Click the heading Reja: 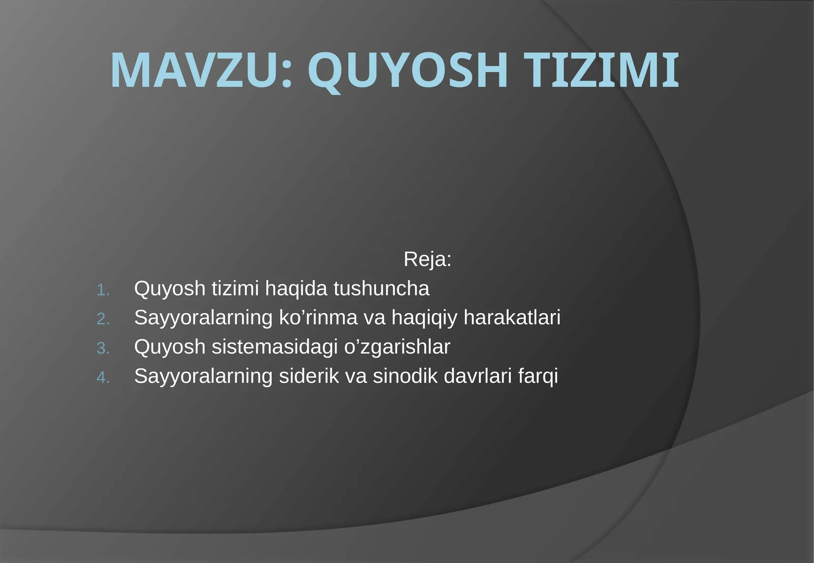point(427,259)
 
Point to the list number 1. point(103,290)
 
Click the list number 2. point(103,319)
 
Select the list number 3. point(103,348)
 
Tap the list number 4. point(103,378)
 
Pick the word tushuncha point(382,289)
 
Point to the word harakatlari point(512,318)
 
